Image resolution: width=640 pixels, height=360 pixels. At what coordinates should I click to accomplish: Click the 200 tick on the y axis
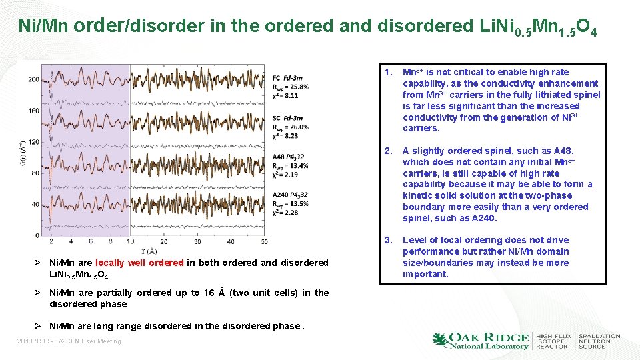(x=33, y=79)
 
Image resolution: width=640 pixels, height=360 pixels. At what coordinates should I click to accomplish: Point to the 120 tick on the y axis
(x=33, y=142)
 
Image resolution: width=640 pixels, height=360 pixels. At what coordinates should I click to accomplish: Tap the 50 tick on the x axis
(x=265, y=241)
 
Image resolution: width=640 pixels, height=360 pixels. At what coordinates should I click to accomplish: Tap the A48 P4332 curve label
(x=289, y=157)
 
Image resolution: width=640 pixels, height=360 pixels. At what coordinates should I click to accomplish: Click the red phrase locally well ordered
(x=139, y=263)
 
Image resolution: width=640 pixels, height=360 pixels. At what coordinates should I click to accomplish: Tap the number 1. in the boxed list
(x=388, y=72)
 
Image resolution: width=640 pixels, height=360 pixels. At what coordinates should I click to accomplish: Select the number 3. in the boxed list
(x=388, y=240)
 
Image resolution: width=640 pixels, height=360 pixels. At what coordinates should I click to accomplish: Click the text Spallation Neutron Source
(x=599, y=341)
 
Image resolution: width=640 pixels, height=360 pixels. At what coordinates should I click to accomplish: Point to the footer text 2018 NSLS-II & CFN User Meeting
(x=69, y=341)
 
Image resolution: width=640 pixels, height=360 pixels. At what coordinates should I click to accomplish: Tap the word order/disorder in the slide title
(x=129, y=26)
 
